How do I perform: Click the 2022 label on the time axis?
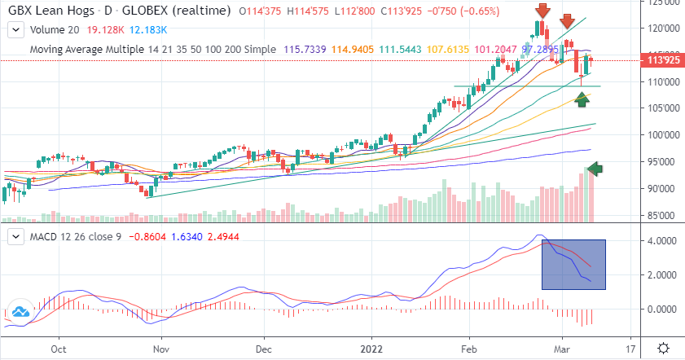[371, 347]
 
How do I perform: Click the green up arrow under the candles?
[582, 99]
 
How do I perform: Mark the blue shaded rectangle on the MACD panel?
[573, 264]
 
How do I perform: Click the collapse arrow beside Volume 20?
[14, 29]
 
